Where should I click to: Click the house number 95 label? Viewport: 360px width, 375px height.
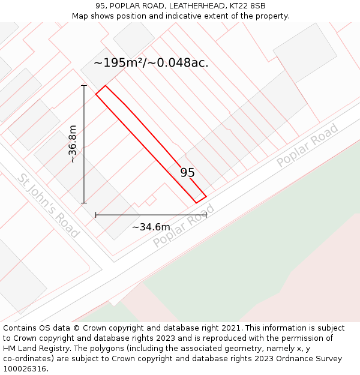[188, 173]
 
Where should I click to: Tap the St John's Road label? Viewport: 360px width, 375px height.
[48, 206]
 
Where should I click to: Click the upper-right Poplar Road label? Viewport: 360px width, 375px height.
[308, 145]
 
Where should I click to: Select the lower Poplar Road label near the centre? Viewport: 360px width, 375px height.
[184, 226]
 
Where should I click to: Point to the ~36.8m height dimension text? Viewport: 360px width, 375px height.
[73, 144]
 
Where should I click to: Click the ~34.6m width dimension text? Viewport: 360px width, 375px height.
[151, 227]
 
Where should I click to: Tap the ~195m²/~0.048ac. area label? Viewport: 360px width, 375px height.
[151, 62]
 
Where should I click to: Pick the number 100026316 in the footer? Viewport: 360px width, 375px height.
[24, 369]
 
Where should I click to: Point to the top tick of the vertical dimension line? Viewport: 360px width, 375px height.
[84, 86]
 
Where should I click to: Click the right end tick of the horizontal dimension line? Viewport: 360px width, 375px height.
[206, 214]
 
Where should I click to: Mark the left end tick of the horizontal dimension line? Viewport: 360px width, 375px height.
[96, 214]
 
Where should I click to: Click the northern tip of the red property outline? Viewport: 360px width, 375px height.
[105, 86]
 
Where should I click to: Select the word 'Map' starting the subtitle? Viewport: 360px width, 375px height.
[80, 16]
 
